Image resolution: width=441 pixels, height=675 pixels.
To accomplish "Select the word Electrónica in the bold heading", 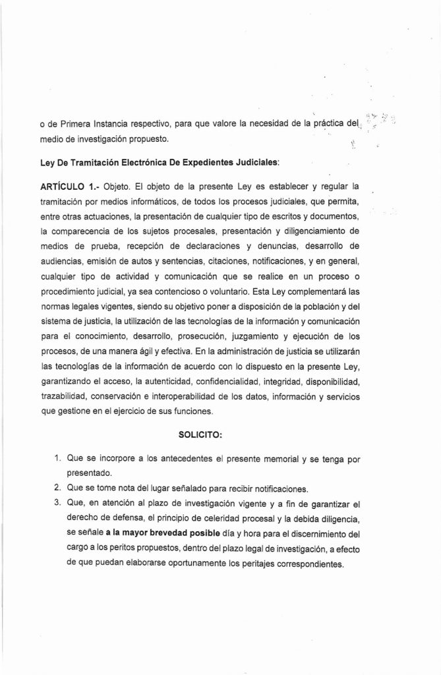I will pos(127,161).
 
